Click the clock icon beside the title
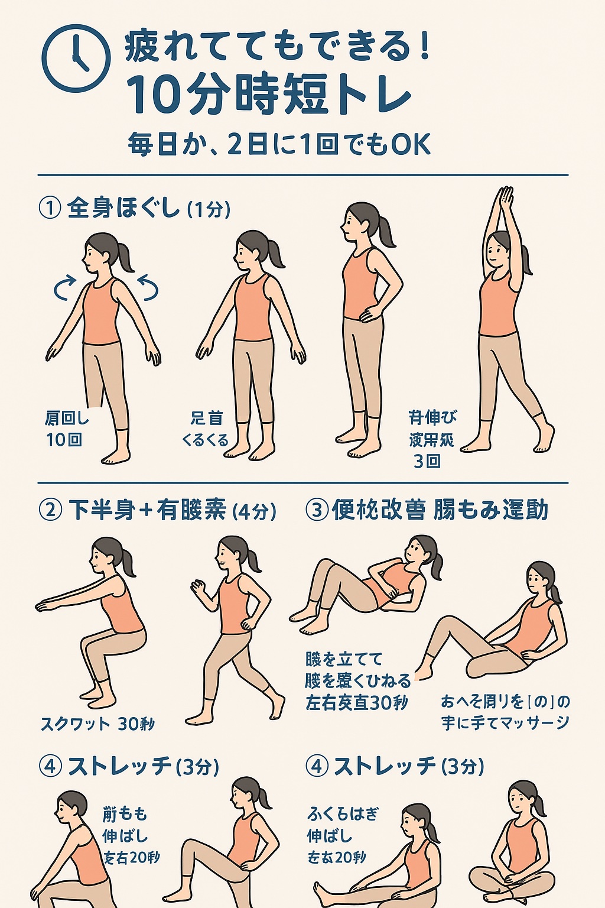pyautogui.click(x=76, y=58)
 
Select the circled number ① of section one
pyautogui.click(x=50, y=208)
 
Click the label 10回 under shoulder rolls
pyautogui.click(x=64, y=440)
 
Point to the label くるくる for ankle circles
pyautogui.click(x=205, y=440)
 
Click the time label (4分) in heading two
pyautogui.click(x=255, y=511)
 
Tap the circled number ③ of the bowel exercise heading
pyautogui.click(x=317, y=510)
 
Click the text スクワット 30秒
pyautogui.click(x=97, y=724)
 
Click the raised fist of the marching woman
pyautogui.click(x=199, y=586)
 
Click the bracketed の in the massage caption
pyautogui.click(x=541, y=702)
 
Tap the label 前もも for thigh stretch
pyautogui.click(x=125, y=814)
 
